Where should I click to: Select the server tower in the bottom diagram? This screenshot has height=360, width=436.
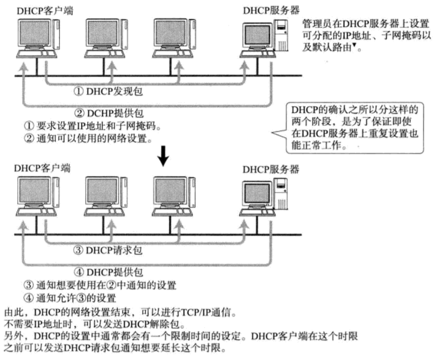[x=281, y=194]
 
